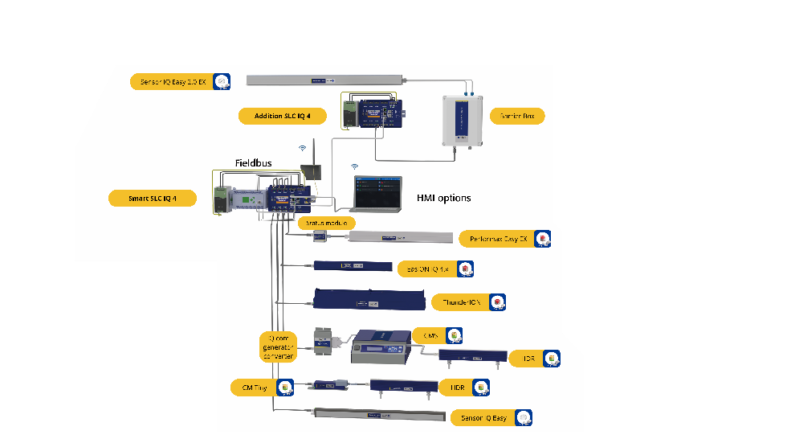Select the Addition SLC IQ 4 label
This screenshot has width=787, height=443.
point(282,116)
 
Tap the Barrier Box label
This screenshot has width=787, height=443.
point(517,116)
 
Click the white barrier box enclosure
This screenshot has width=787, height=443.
point(464,120)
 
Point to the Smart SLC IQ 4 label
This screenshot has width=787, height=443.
point(152,198)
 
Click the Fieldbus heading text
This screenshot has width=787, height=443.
point(253,163)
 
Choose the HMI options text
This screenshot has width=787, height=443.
point(443,198)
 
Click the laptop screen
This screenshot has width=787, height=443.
point(377,190)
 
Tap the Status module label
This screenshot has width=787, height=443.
point(326,223)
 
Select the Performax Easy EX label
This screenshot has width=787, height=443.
point(499,239)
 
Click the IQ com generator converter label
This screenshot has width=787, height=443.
point(278,347)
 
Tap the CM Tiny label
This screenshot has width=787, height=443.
point(255,388)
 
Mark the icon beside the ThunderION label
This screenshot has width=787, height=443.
point(498,302)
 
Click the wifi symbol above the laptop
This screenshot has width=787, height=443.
point(355,166)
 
